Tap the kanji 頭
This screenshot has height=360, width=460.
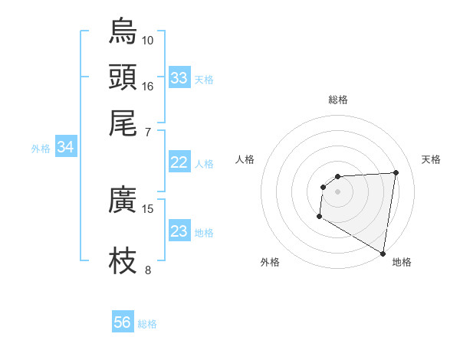[x=123, y=77]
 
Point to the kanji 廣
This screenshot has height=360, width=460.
[x=123, y=199]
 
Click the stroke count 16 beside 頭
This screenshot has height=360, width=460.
[x=148, y=86]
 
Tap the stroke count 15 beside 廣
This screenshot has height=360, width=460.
[x=148, y=208]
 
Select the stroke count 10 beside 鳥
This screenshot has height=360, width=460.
[x=148, y=40]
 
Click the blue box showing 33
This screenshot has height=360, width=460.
[x=179, y=78]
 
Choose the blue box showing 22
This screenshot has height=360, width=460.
[x=179, y=162]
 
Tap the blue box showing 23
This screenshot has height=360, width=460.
[x=179, y=231]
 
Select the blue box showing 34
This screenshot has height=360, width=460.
[x=65, y=148]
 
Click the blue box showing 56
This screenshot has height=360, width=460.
[x=123, y=322]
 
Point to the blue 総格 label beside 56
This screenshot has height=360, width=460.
[x=147, y=324]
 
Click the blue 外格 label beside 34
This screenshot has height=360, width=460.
[x=41, y=149]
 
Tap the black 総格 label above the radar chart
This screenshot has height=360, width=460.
[x=337, y=100]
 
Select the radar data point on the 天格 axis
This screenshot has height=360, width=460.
[x=396, y=172]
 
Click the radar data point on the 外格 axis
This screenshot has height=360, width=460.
[x=319, y=217]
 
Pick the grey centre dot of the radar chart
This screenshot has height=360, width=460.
[x=337, y=191]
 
